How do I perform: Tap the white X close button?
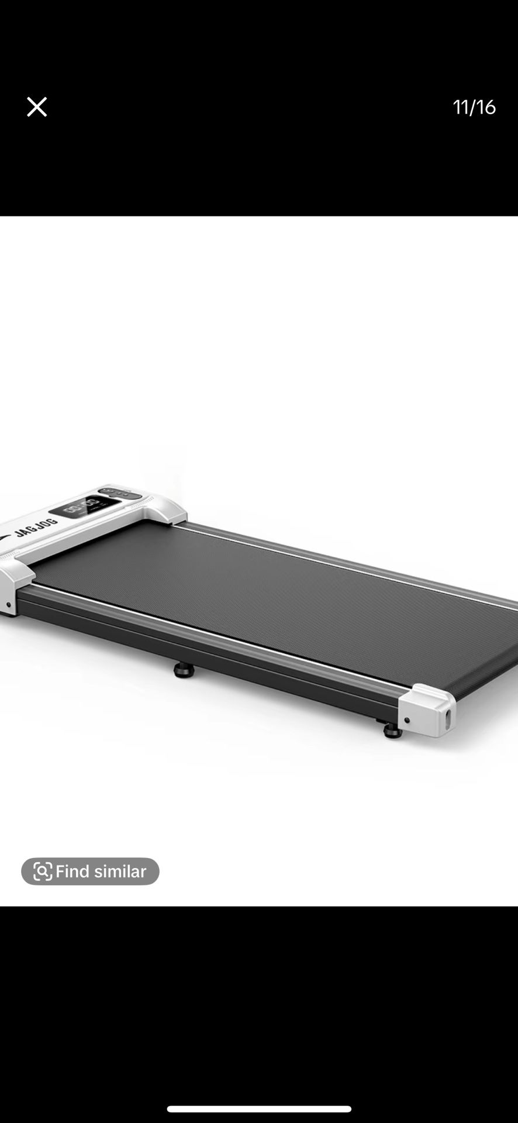coord(37,107)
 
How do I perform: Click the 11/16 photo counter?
coord(474,107)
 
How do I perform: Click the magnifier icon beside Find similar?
coord(43,871)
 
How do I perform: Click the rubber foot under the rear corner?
coord(392,731)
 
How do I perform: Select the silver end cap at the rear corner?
coord(428,709)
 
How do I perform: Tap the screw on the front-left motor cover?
coord(8,605)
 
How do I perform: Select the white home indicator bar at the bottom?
coord(259,1109)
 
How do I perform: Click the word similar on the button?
coord(120,871)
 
